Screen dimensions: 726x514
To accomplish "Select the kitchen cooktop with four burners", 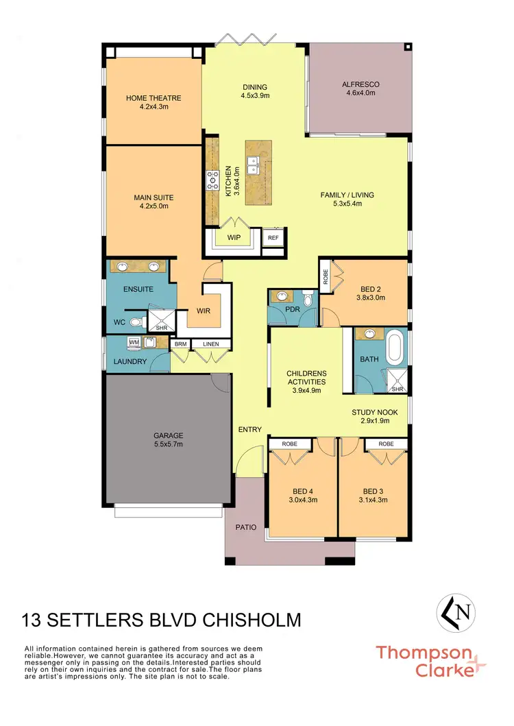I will (x=212, y=180).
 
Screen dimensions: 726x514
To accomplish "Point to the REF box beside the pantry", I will (x=273, y=238).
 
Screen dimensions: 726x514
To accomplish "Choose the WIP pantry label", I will (x=234, y=239).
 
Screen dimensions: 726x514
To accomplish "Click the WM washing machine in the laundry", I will (x=134, y=341).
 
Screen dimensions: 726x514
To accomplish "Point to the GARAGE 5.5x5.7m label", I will (x=168, y=439).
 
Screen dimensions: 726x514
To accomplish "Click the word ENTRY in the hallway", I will (x=249, y=430).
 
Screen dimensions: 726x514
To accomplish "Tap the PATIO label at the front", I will (x=246, y=527).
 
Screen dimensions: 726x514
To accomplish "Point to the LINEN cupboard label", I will (x=211, y=344).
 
